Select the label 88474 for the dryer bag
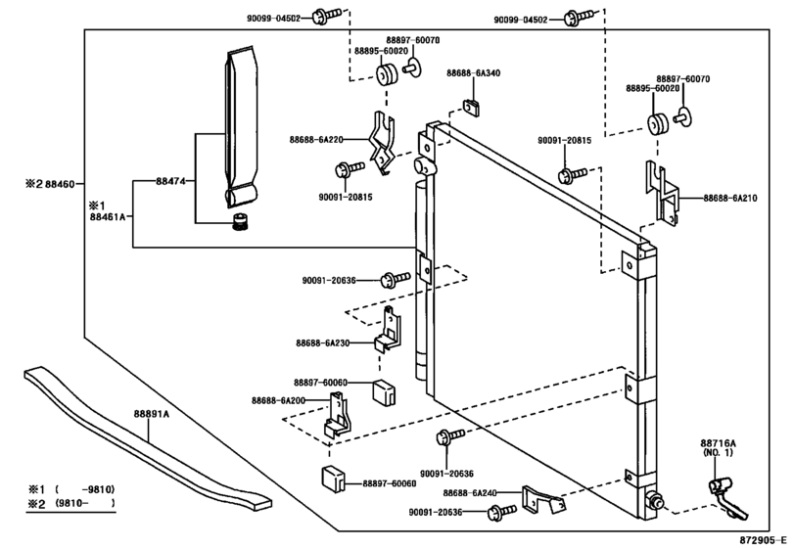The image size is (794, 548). tap(169, 182)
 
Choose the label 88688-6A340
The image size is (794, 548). tap(473, 73)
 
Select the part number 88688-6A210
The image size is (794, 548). tap(730, 198)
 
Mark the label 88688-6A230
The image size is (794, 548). tap(322, 342)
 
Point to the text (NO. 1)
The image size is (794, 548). tap(718, 454)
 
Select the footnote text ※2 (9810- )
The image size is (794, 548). tap(71, 503)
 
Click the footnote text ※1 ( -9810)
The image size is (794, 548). tap(71, 488)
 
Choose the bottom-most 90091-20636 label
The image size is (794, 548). tap(437, 511)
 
